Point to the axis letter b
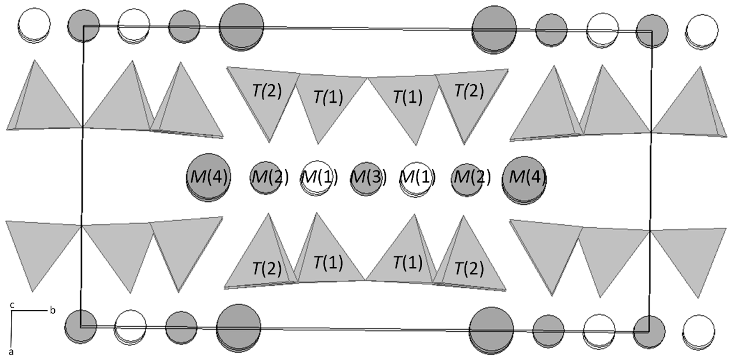coord(53,311)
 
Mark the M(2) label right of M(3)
coord(472,177)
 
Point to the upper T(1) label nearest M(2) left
coord(328,97)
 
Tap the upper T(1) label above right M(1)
coord(408,97)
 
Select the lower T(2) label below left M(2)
coord(267,268)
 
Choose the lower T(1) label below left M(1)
coord(328,262)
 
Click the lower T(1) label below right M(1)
coord(408,262)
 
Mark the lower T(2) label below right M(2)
coord(469,268)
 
